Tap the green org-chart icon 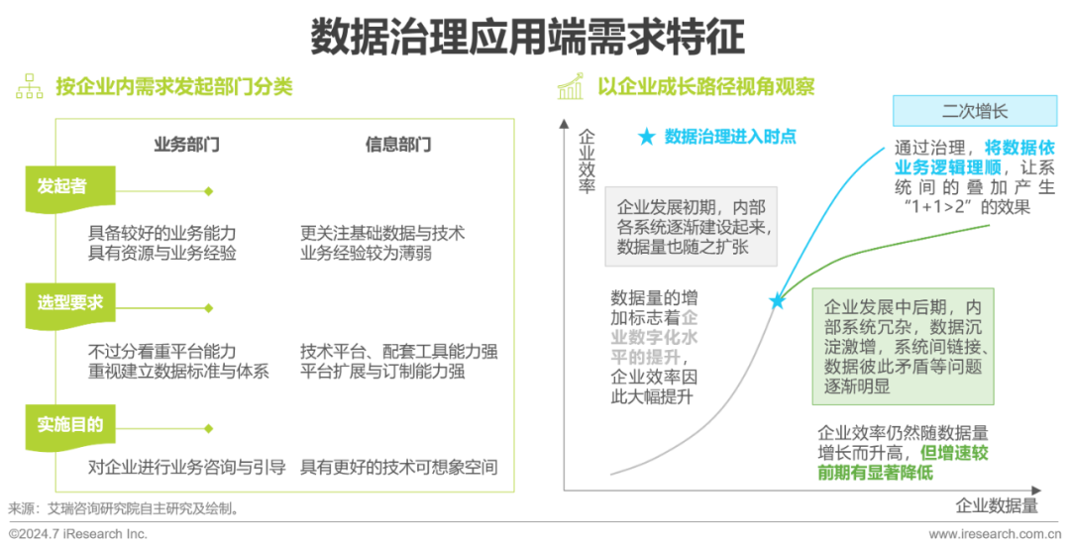point(29,87)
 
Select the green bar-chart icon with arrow point(570,87)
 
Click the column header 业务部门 point(186,144)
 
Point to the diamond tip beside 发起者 point(208,190)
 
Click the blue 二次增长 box point(961,111)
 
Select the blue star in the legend point(647,138)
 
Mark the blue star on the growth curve point(778,300)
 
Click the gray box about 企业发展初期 point(691,226)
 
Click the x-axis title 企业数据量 point(997,505)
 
